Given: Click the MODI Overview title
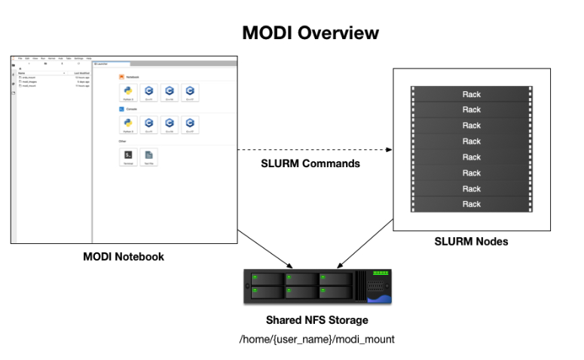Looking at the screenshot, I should coord(310,33).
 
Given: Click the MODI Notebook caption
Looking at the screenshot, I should coord(124,257).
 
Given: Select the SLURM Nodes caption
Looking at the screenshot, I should coord(472,241).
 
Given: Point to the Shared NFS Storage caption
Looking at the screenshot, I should coord(316,320).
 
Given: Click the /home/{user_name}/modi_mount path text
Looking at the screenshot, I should coord(316,339).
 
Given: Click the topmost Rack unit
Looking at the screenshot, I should coord(471,94).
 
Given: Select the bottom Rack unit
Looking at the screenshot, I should coord(471,204).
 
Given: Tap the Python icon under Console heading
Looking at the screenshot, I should coord(128,123).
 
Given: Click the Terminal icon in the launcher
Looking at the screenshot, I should coord(128,155).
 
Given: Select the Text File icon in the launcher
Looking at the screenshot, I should coord(148,155).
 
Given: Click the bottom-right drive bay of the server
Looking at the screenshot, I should coord(335,292).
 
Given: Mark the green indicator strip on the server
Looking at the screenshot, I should coord(380,273).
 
